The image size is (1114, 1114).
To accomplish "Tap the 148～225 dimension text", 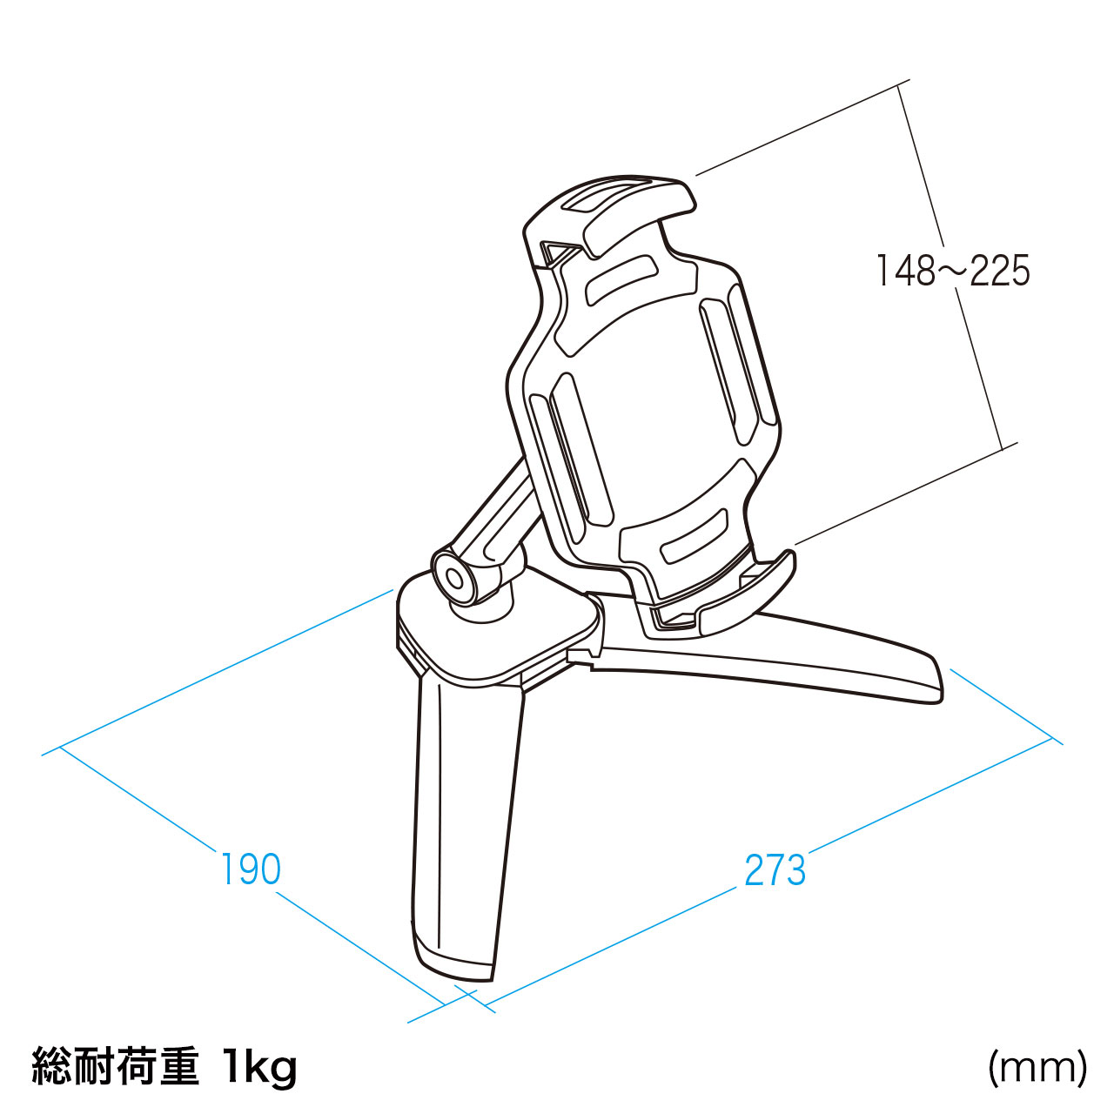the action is pyautogui.click(x=953, y=271).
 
